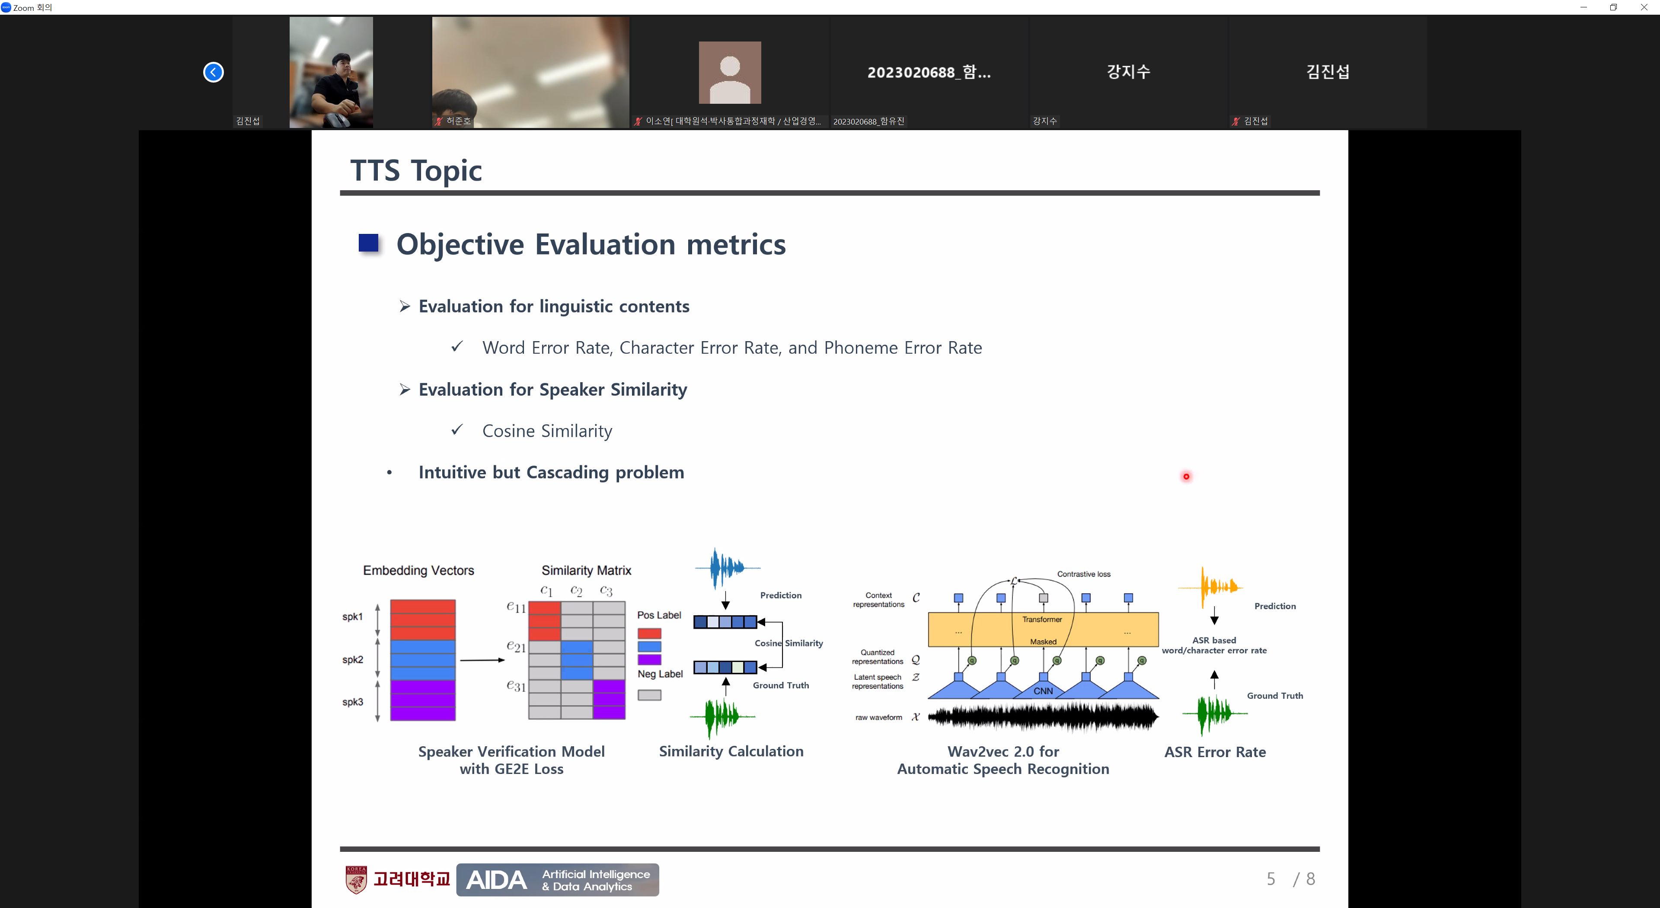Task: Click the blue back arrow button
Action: click(213, 72)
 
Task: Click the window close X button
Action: click(1644, 7)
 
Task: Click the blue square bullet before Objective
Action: click(369, 243)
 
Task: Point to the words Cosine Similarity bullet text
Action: click(547, 431)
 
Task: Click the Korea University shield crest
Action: click(356, 879)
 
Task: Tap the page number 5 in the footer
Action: click(1271, 879)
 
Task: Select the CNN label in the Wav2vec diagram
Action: click(1043, 691)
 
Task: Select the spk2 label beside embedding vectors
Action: click(352, 660)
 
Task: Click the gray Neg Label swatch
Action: click(650, 695)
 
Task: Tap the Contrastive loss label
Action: click(1084, 574)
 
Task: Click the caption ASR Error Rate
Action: click(1215, 752)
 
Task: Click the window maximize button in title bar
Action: click(1614, 7)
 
